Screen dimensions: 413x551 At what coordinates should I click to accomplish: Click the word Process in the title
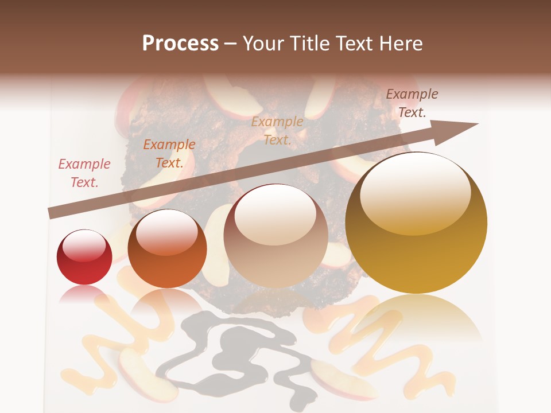pyautogui.click(x=180, y=44)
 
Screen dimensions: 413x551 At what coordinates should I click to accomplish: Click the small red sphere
pyautogui.click(x=84, y=257)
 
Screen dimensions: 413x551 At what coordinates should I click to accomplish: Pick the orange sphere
pyautogui.click(x=167, y=250)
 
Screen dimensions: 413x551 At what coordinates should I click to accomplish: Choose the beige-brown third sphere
pyautogui.click(x=275, y=236)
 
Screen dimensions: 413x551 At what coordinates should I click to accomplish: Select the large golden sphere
pyautogui.click(x=416, y=224)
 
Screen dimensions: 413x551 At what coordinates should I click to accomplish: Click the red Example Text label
pyautogui.click(x=84, y=173)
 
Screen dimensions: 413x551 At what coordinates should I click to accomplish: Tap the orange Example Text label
pyautogui.click(x=169, y=154)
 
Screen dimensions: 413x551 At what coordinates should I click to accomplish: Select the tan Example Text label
pyautogui.click(x=277, y=130)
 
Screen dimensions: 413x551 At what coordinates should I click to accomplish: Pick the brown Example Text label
pyautogui.click(x=412, y=103)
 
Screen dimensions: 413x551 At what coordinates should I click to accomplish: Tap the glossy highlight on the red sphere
pyautogui.click(x=84, y=245)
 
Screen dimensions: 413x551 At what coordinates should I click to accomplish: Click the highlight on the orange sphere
pyautogui.click(x=166, y=232)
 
